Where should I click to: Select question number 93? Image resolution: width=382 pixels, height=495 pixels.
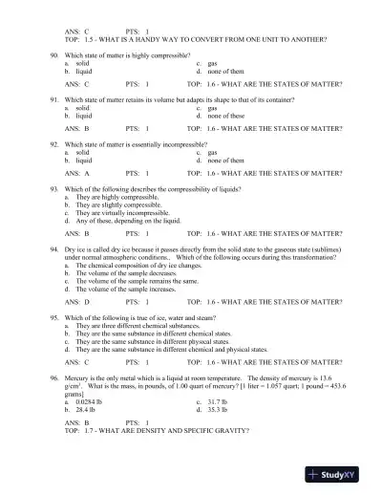(x=53, y=191)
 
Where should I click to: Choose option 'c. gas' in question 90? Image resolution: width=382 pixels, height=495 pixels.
(x=207, y=70)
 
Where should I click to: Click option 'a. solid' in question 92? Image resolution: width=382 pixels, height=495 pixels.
(x=76, y=152)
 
